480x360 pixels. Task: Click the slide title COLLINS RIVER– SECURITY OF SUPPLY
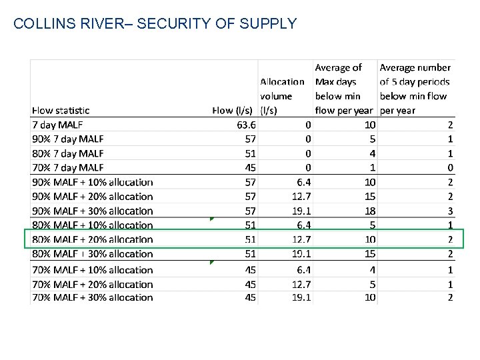point(155,24)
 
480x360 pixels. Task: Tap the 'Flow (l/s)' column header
point(233,110)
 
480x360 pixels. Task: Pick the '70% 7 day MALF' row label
point(67,167)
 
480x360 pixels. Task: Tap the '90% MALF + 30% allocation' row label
point(92,211)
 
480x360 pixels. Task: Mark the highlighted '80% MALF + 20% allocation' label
point(92,239)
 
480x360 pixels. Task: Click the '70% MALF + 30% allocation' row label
point(92,297)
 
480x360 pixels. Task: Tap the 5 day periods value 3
point(450,211)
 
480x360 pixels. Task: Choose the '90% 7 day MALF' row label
point(67,139)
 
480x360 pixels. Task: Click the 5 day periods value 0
point(450,167)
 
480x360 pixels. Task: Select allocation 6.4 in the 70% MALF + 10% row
point(303,270)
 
